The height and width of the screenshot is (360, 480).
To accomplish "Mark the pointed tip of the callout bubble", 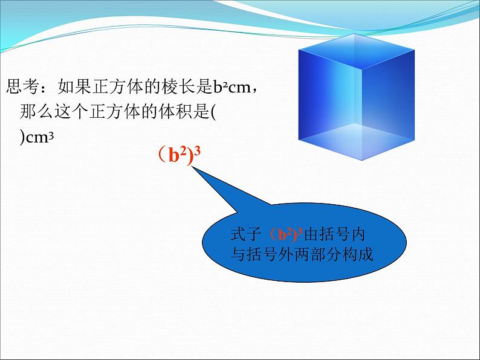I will point(193,168).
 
